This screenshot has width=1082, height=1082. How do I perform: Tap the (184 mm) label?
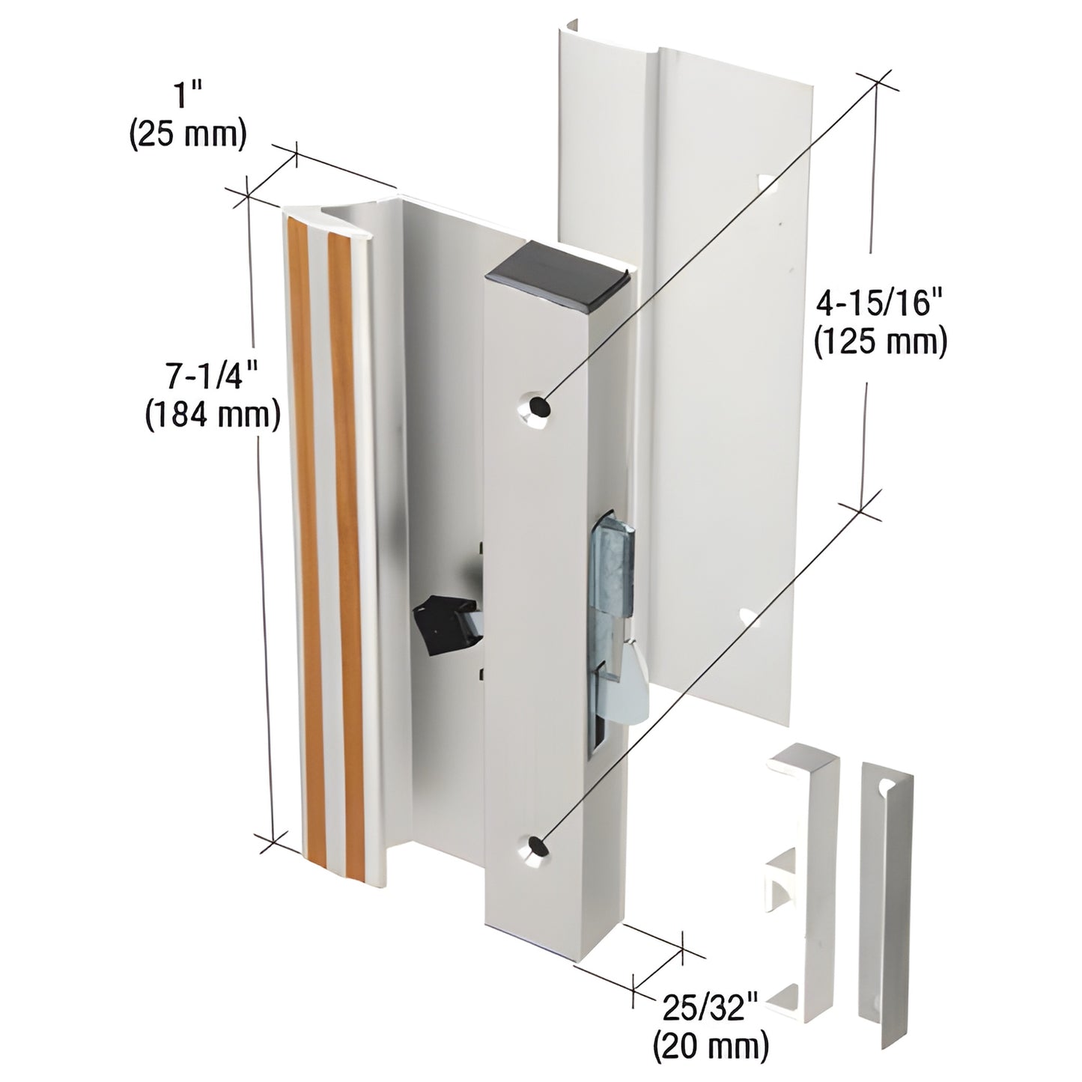point(212,414)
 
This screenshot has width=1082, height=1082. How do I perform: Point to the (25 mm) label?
point(188,136)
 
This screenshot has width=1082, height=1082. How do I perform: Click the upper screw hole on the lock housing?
point(537,405)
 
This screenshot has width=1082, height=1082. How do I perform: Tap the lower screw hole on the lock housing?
point(535,847)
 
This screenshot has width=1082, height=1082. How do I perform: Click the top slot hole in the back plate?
point(767,183)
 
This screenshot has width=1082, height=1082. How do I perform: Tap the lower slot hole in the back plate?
point(750,617)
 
